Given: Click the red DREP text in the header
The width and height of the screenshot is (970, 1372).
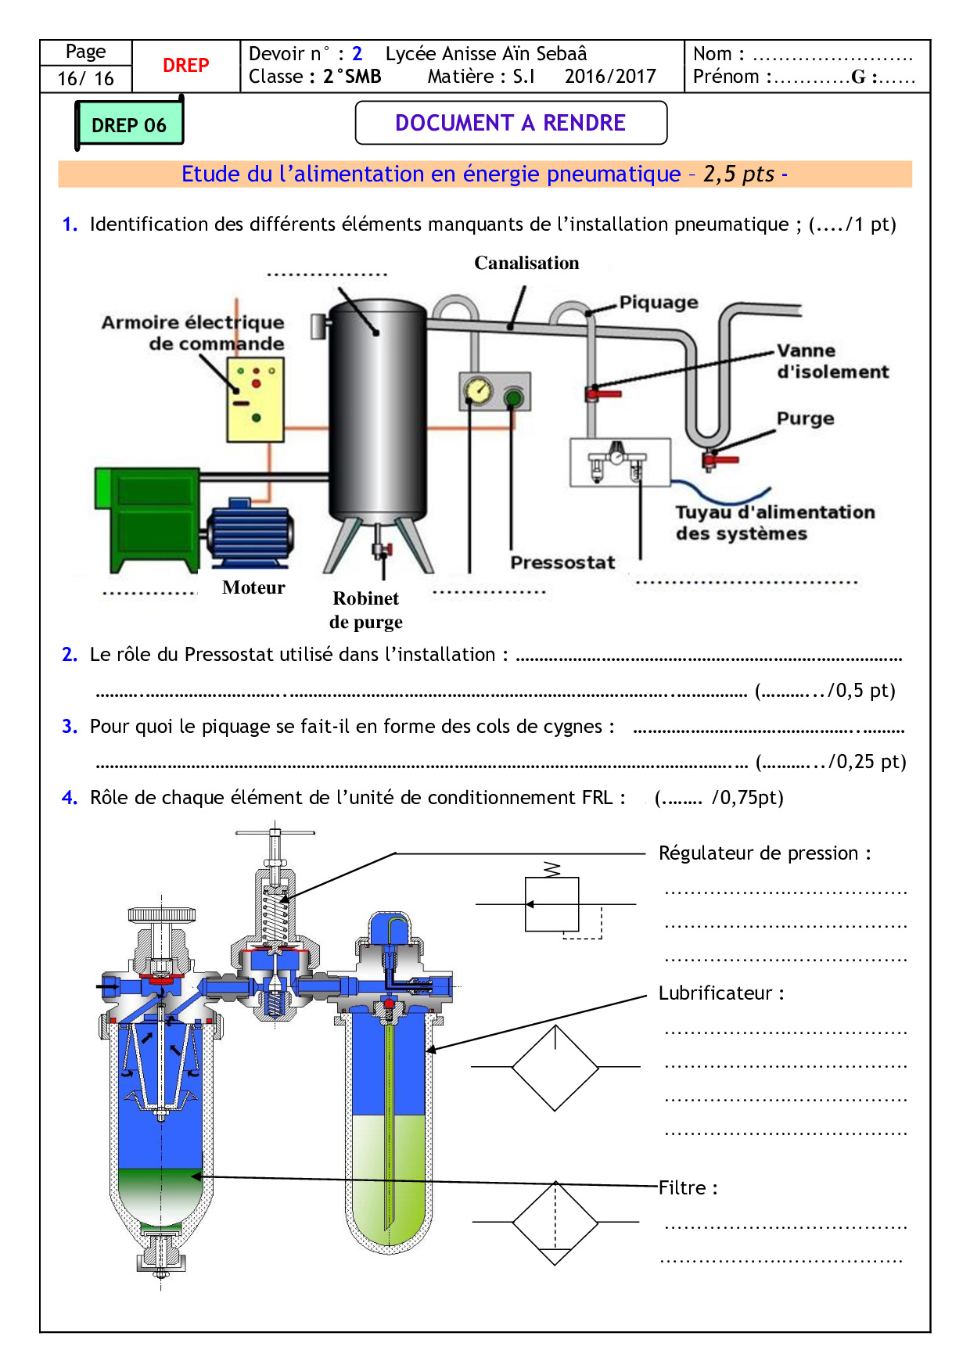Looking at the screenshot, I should click(185, 66).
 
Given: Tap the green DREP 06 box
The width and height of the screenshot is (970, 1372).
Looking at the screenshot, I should click(129, 124).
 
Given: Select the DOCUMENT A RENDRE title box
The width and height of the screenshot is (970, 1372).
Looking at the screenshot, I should click(511, 123).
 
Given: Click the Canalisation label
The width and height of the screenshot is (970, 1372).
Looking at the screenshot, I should click(526, 263).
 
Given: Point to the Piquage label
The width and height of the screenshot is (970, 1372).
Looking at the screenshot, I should click(658, 302).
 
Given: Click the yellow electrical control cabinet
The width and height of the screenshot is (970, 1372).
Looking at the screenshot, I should click(255, 399).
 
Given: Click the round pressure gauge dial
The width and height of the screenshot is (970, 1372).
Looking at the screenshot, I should click(477, 390).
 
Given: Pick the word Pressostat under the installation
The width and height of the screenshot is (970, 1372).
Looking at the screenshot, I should click(562, 562).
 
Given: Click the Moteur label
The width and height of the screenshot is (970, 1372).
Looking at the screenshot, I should click(253, 587).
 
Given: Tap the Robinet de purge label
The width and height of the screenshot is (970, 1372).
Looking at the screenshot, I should click(366, 610).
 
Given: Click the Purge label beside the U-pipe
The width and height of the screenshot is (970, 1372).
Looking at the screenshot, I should click(805, 418).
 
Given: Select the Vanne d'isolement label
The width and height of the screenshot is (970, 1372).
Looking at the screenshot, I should click(832, 361).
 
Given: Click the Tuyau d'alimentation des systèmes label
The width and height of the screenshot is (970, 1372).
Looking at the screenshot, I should click(774, 523).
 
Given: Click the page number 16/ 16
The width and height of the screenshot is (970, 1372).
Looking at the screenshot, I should click(85, 78).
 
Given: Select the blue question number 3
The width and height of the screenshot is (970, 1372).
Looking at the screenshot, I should click(70, 727).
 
